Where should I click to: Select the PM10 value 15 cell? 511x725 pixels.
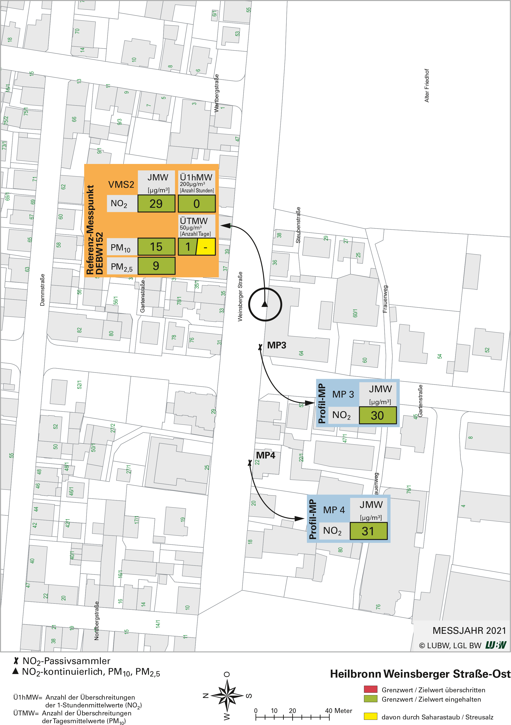156,247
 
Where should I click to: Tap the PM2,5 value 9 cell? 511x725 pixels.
156,266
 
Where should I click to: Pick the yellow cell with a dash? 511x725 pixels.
206,247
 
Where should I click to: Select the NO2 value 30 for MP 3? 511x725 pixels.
377,415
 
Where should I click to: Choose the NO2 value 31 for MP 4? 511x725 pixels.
368,531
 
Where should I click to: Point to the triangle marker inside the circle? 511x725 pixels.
265,304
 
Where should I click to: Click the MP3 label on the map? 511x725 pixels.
277,345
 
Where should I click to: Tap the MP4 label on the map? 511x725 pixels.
266,455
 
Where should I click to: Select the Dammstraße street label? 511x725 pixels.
42,290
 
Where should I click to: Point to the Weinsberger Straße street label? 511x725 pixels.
240,297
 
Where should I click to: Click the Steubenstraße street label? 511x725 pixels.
298,225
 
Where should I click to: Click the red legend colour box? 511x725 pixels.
371,689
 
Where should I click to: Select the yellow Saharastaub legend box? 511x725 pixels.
371,716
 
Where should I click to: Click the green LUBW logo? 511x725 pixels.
496,645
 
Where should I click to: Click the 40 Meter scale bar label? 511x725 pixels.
339,711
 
